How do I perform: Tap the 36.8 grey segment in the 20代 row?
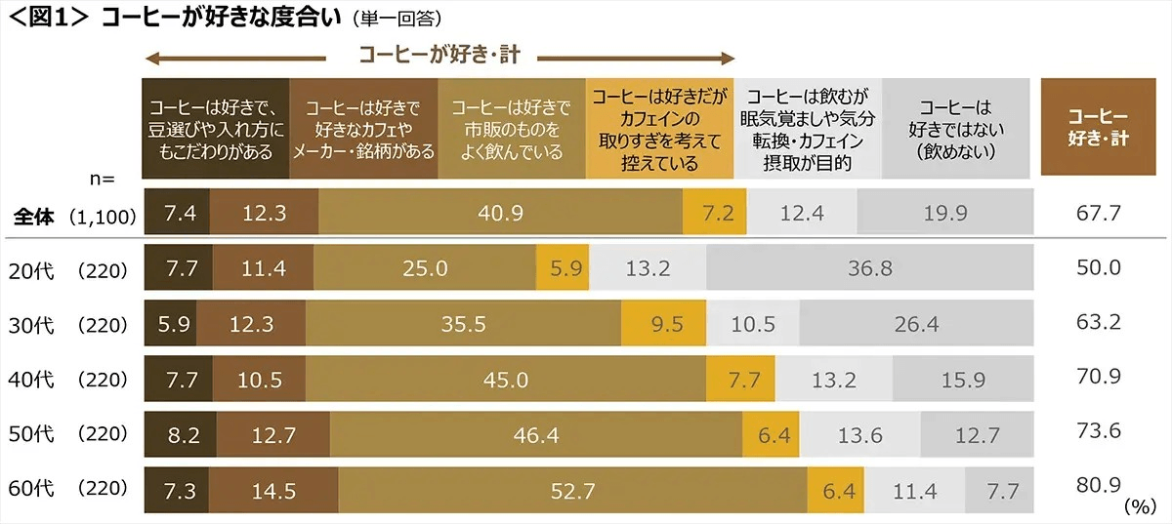(870, 268)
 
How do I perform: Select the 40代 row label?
(32, 379)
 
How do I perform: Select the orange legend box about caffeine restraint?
(660, 128)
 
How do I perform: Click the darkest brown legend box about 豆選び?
(216, 128)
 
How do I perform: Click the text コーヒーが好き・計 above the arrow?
(439, 56)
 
